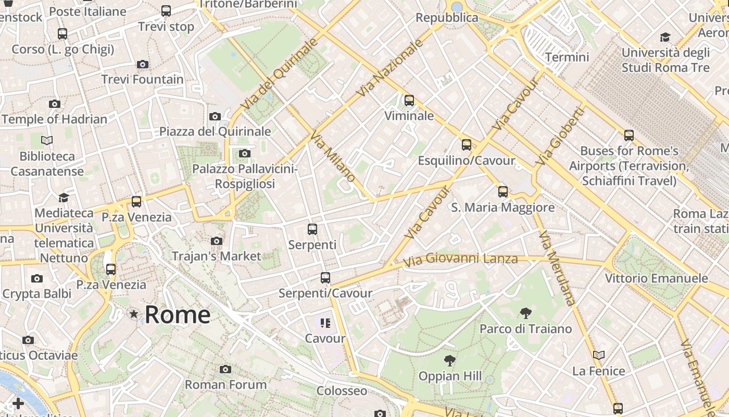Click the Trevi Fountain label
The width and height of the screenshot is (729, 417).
pyautogui.click(x=142, y=80)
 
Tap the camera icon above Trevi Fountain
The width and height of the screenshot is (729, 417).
pyautogui.click(x=142, y=65)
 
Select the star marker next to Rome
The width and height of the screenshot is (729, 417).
pyautogui.click(x=134, y=314)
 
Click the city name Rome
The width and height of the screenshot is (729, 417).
pyautogui.click(x=178, y=315)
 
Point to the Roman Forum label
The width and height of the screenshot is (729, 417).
pyautogui.click(x=226, y=385)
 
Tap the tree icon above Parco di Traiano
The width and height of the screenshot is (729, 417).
pyautogui.click(x=525, y=313)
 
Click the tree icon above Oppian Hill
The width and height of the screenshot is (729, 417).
pyautogui.click(x=450, y=360)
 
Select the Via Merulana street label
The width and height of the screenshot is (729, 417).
pyautogui.click(x=557, y=268)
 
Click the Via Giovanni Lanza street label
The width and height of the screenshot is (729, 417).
pyautogui.click(x=460, y=259)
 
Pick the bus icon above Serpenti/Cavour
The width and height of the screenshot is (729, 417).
pyautogui.click(x=325, y=278)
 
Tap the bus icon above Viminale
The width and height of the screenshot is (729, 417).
pyautogui.click(x=409, y=101)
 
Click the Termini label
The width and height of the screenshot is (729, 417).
pyautogui.click(x=567, y=57)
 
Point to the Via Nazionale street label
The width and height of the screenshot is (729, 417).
pyautogui.click(x=390, y=68)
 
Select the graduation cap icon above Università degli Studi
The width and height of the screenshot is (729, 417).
pyautogui.click(x=665, y=37)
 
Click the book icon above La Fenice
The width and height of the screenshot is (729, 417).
pyautogui.click(x=599, y=355)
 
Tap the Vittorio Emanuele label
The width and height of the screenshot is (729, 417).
pyautogui.click(x=656, y=278)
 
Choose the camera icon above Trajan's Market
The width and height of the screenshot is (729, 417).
pyautogui.click(x=217, y=241)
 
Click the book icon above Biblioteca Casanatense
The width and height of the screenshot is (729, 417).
pyautogui.click(x=47, y=140)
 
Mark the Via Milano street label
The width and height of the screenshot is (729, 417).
pyautogui.click(x=333, y=157)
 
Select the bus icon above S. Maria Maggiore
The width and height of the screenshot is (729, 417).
pyautogui.click(x=502, y=192)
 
